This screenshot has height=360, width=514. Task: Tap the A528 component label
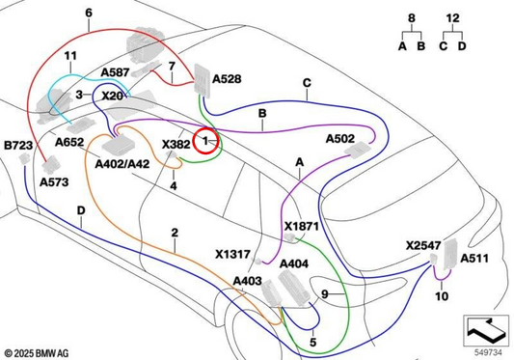[x=227, y=79]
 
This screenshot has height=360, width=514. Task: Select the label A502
[x=340, y=139]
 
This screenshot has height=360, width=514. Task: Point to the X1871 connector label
[x=301, y=227]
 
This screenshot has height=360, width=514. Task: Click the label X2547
[x=423, y=245]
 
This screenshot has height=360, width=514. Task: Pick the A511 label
[x=474, y=259]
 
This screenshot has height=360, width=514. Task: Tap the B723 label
[x=18, y=145]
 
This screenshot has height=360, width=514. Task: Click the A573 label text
[x=54, y=181]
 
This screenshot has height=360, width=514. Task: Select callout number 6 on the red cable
[x=89, y=13]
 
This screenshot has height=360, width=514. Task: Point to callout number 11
[x=70, y=56]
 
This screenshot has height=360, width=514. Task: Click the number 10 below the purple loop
[x=442, y=296]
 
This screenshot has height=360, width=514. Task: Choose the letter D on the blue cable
[x=81, y=210]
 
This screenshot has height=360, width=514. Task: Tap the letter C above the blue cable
[x=307, y=83]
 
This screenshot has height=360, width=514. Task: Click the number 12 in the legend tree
[x=452, y=18]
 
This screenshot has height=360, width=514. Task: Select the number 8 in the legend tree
[x=412, y=18]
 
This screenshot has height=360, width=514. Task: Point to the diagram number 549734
[x=488, y=352]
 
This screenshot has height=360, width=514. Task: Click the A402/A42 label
[x=122, y=164]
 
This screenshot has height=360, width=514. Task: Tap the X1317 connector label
[x=232, y=254]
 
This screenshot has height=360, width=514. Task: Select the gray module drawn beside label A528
[x=202, y=81]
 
